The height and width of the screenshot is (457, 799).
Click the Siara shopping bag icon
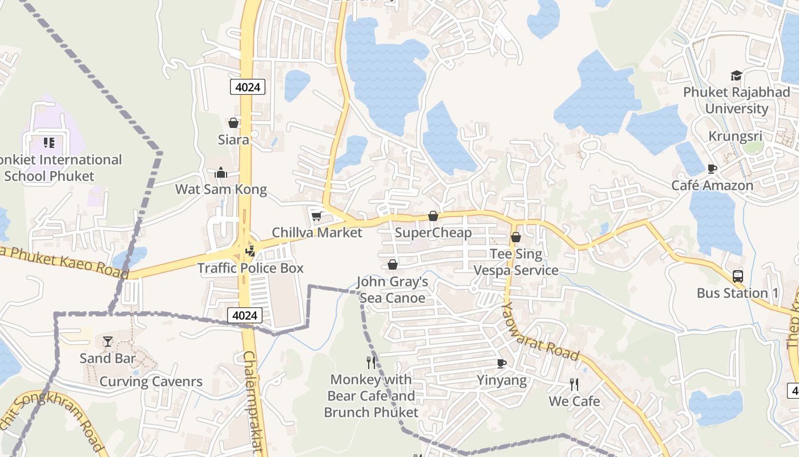pos(233,123)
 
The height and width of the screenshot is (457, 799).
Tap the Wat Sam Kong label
pos(221,189)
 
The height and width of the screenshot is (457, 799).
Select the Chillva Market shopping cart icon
pos(316,216)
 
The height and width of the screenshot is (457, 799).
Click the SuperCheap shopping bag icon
pos(433,216)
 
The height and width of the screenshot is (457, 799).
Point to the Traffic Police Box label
pos(251,268)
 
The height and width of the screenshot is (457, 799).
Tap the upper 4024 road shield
pos(248,87)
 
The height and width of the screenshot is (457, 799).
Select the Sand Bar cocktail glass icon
pos(108,342)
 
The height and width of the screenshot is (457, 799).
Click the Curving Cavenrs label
pos(151,382)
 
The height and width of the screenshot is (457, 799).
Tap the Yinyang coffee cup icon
pos(501,363)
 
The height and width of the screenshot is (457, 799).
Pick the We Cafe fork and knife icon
pos(574,384)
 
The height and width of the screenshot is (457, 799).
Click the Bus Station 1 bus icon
pos(737,276)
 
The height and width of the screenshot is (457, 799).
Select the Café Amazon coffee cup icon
pos(712,169)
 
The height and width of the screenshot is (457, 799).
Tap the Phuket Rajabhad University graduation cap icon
pos(736,76)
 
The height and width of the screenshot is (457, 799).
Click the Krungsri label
pos(735,137)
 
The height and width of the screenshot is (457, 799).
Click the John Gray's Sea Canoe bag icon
pos(393,264)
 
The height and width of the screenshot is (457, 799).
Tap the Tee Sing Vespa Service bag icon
pos(516,237)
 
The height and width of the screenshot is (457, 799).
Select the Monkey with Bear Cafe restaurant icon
pos(371,362)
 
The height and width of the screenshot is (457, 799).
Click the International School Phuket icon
pos(49,142)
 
